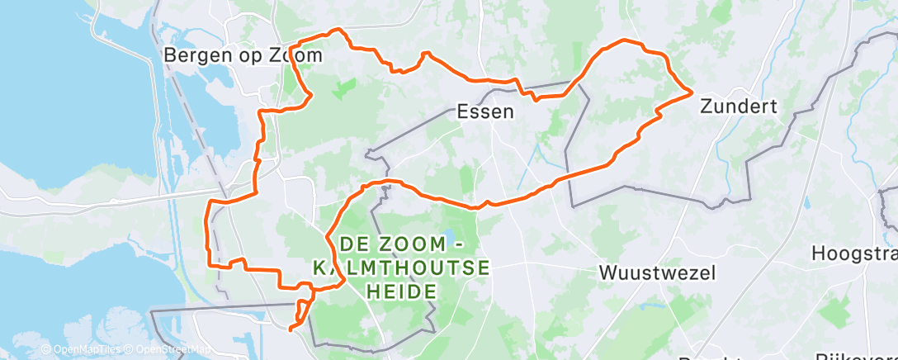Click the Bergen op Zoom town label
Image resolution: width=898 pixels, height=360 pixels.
click(243, 55)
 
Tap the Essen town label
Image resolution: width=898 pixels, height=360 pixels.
click(486, 111)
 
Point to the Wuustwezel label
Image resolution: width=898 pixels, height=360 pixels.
click(657, 272)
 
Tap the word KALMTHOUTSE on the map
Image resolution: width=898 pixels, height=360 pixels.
click(402, 268)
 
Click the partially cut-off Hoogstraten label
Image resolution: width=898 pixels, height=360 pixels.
click(854, 253)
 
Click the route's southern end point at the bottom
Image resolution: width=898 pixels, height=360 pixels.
click(291, 329)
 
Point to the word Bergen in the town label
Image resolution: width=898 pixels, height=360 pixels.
click(195, 55)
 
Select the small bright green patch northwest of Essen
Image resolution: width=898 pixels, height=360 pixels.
click(344, 88)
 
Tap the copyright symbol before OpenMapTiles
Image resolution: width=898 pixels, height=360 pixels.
click(46, 350)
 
